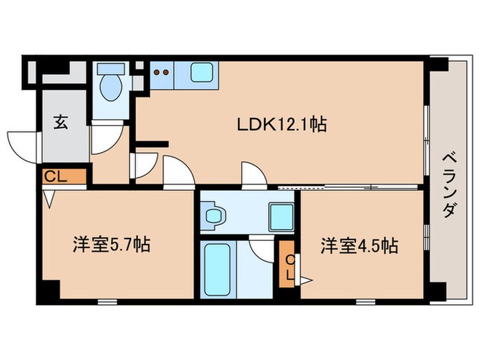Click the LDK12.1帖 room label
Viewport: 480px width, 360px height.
click(280, 125)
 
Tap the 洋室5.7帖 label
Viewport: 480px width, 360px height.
click(111, 244)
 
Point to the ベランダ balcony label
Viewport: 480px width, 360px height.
click(449, 182)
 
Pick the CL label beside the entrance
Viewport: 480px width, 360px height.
click(55, 176)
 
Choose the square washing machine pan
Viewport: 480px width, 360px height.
click(280, 217)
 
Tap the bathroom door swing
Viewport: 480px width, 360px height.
click(263, 247)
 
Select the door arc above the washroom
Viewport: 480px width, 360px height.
click(254, 175)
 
